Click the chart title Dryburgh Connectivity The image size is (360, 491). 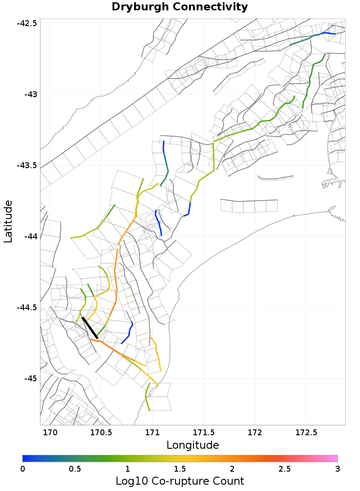coord(180,7)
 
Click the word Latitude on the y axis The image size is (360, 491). coord(8,222)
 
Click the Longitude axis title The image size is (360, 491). coord(193,445)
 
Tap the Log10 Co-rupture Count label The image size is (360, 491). coord(180,481)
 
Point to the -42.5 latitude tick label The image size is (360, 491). coord(27,23)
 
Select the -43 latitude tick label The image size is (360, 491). coord(30,94)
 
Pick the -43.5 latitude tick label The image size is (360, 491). coord(27,165)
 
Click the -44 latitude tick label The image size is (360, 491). coord(30,236)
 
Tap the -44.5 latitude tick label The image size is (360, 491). coord(27,308)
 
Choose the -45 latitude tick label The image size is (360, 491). coord(30,378)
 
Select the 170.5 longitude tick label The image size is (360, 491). coord(101,433)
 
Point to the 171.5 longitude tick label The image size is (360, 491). coord(203,433)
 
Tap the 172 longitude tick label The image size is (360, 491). coord(255,433)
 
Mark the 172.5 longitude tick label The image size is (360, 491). coord(306,433)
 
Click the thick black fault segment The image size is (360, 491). coord(90,327)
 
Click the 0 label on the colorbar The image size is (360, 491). coord(23,469)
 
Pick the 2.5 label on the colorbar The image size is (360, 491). coord(285,469)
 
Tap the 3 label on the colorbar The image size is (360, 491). coord(337,469)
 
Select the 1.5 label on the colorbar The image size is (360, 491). coord(180,469)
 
